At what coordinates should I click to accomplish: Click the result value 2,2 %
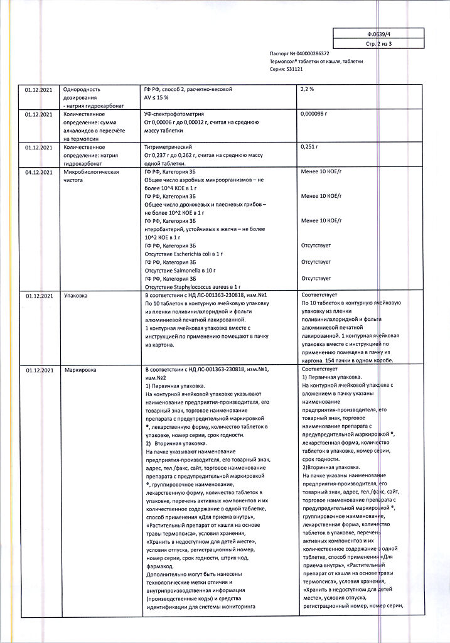pos(308,90)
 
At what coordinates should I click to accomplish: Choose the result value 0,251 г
pos(310,146)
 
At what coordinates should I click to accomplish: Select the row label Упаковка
pos(76,294)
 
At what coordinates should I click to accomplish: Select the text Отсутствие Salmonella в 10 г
pos(180,270)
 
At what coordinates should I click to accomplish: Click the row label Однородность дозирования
pos(82,94)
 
